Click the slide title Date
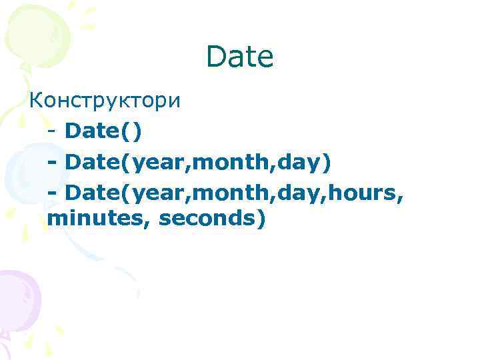click(x=240, y=58)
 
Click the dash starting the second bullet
click(x=53, y=162)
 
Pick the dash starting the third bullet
click(x=53, y=193)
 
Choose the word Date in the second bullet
click(x=93, y=162)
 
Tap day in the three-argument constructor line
click(x=293, y=163)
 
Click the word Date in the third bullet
click(x=93, y=193)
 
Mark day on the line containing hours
click(x=293, y=193)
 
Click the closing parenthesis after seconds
click(x=259, y=219)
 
